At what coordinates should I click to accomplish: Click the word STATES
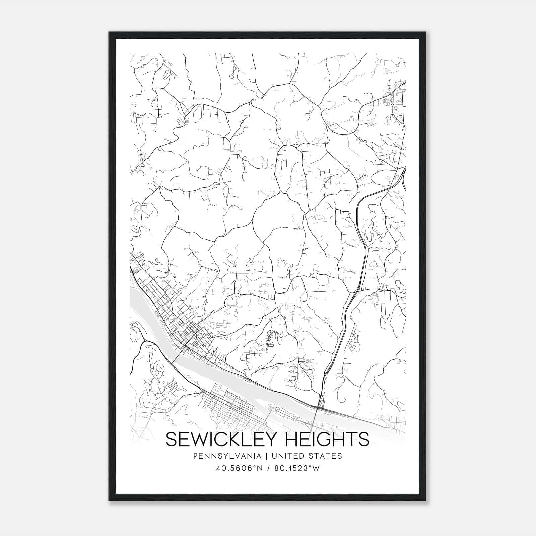pos(326,456)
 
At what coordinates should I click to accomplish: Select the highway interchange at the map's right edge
pos(402,174)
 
